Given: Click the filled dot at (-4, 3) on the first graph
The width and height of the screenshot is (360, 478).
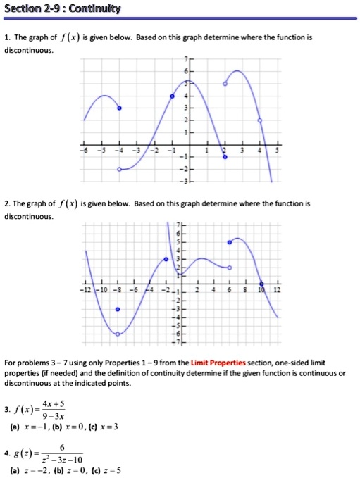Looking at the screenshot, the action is point(119,108).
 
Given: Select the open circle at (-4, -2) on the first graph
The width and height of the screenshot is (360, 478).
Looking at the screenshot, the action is point(119,170).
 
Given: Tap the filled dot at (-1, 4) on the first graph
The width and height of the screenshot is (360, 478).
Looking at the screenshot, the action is point(172,96).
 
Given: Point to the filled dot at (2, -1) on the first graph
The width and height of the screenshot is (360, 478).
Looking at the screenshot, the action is point(225,157).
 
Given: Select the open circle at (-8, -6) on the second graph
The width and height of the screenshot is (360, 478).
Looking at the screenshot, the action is point(118,334).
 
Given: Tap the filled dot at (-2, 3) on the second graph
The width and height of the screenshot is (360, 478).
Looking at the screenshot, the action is point(166,260).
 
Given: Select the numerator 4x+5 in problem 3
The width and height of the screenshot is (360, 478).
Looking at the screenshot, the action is point(53,403).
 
